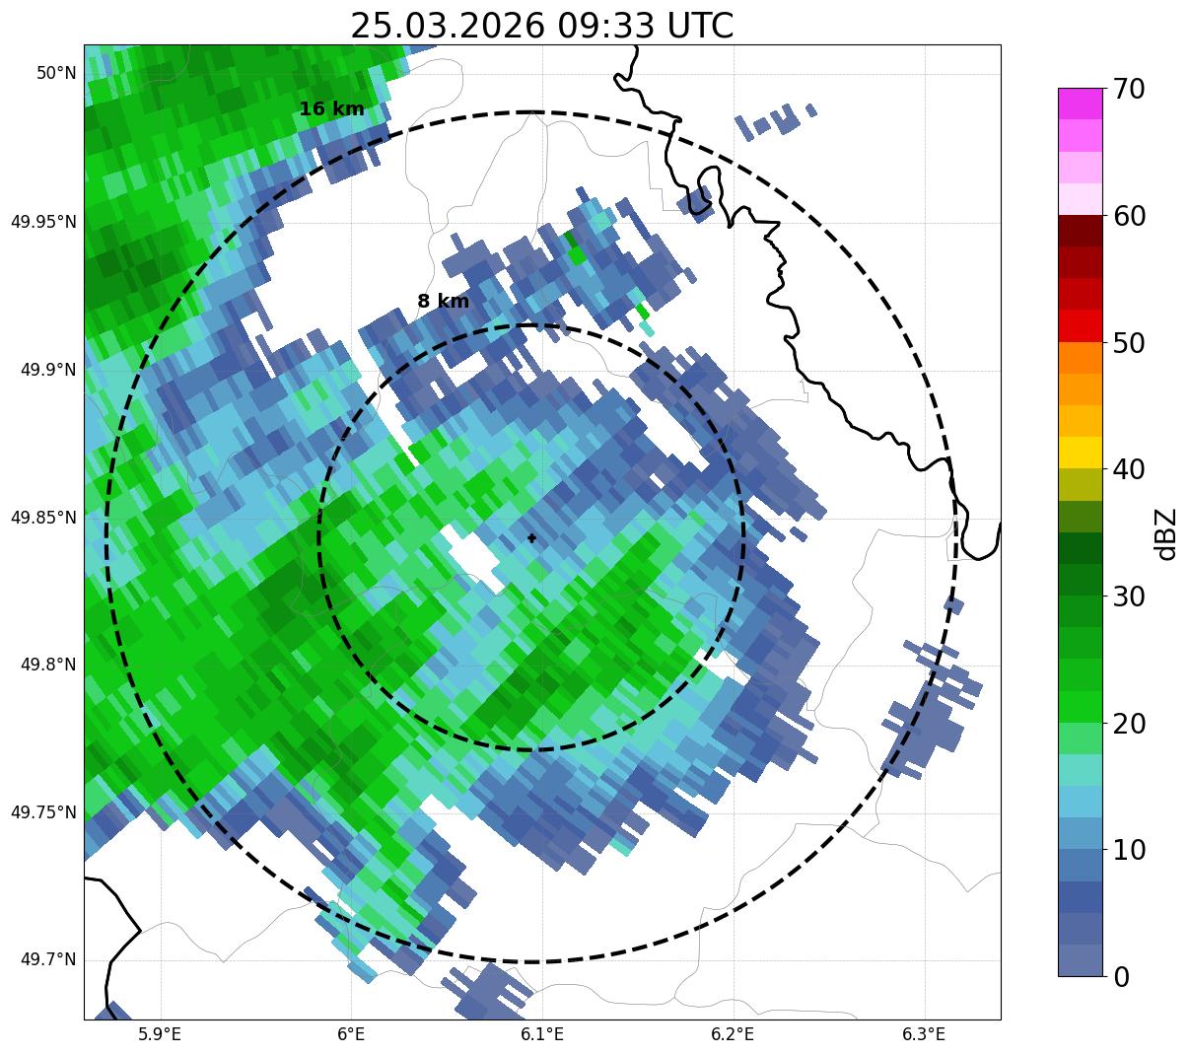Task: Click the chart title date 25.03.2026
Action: click(x=447, y=26)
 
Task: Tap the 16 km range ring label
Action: click(x=331, y=109)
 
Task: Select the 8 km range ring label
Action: click(x=443, y=302)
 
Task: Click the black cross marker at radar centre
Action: click(x=532, y=537)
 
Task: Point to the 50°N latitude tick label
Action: click(x=56, y=73)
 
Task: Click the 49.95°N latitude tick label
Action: click(x=43, y=222)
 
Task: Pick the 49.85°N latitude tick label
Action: click(x=43, y=517)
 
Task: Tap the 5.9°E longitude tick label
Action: click(x=160, y=1034)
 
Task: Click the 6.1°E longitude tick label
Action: click(x=542, y=1034)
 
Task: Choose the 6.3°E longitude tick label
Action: click(x=924, y=1034)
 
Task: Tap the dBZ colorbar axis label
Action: click(x=1166, y=533)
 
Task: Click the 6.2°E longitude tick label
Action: click(x=733, y=1034)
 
